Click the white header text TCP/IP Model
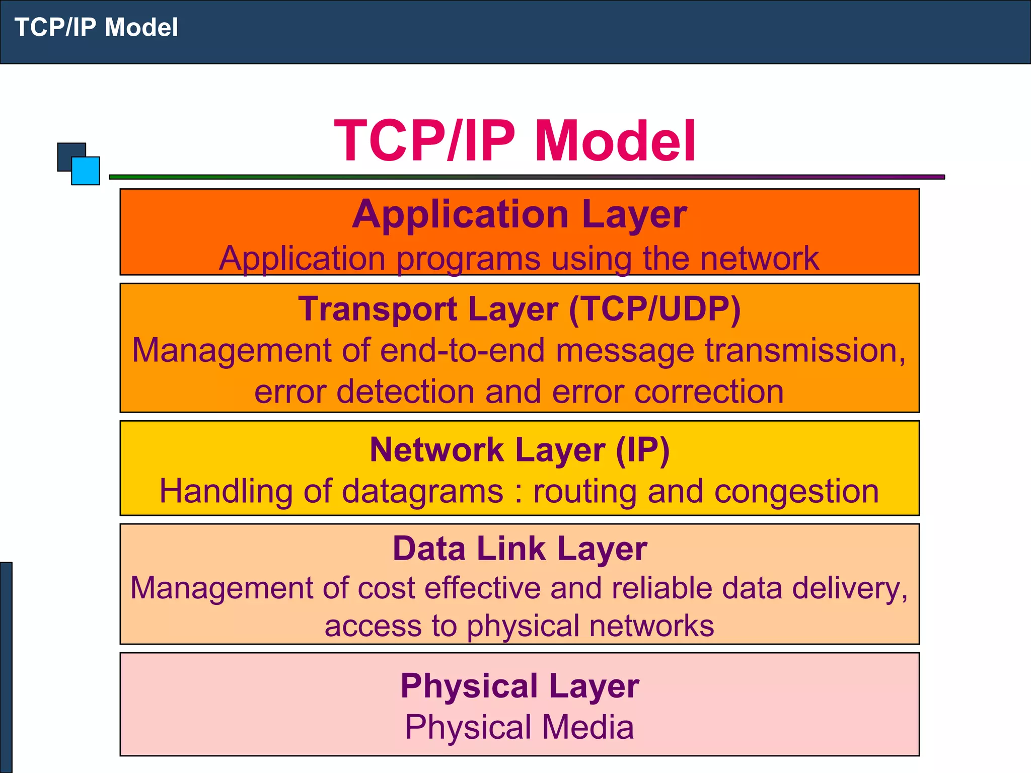point(96,28)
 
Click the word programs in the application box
point(468,259)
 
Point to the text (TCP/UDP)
point(654,308)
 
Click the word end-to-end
point(462,351)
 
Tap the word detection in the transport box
point(405,392)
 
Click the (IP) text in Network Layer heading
point(642,449)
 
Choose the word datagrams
point(422,492)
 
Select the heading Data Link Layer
point(519,549)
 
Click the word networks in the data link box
point(651,626)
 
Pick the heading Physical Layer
point(519,685)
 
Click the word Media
point(587,728)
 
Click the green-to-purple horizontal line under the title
point(527,177)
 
